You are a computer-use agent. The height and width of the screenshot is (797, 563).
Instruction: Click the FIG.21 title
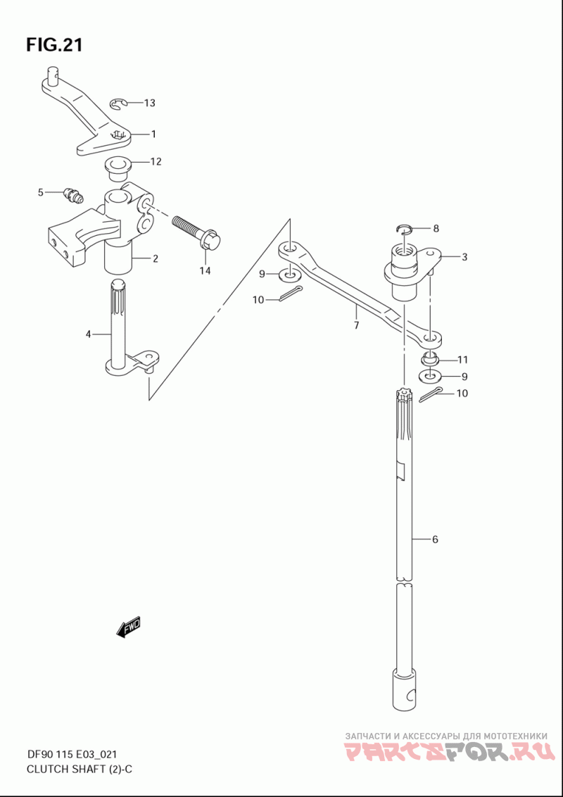pos(54,45)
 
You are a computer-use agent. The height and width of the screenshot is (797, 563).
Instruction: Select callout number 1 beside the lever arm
pos(153,134)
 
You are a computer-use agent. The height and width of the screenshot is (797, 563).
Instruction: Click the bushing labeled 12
pos(118,168)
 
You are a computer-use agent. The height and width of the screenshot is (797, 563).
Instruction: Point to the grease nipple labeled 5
pos(73,195)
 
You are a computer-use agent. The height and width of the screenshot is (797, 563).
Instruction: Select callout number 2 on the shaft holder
pos(155,258)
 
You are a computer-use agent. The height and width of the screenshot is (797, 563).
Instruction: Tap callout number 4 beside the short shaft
pos(88,334)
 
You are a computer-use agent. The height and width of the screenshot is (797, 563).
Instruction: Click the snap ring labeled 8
pos(403,227)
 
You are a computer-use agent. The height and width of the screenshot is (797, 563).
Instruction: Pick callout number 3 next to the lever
pos(464,257)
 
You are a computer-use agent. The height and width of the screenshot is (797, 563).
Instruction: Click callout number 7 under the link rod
pos(356,325)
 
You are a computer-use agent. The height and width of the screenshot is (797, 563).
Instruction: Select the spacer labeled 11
pos(430,359)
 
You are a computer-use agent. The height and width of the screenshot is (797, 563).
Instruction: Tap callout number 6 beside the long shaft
pos(435,540)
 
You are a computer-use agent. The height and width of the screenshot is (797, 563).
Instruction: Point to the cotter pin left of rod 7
pos(291,294)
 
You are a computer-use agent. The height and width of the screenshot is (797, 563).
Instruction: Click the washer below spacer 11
pos(430,377)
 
